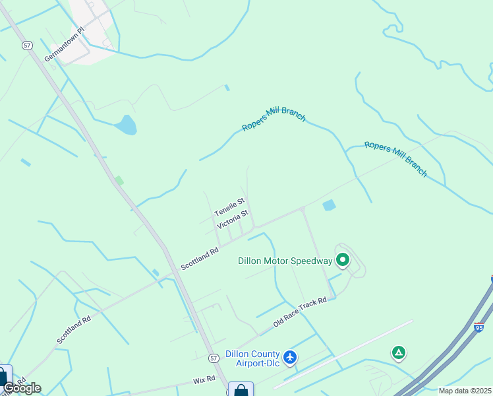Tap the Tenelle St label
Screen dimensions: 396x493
(x=229, y=207)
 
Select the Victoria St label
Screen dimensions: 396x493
(x=233, y=219)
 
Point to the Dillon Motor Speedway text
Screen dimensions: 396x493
(x=285, y=261)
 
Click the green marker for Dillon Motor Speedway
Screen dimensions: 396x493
(x=343, y=260)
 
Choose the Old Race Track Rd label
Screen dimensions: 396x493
(x=301, y=310)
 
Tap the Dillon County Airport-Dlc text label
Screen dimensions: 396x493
(x=252, y=358)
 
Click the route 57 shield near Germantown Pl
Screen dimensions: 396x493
(x=27, y=45)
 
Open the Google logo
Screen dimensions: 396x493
(x=22, y=387)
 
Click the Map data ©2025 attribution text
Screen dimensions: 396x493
(x=465, y=391)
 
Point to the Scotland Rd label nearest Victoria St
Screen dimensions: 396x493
(x=200, y=258)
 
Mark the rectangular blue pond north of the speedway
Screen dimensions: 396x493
(x=329, y=206)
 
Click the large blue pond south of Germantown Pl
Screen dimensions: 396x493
(x=125, y=124)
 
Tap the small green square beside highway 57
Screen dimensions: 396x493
(x=119, y=180)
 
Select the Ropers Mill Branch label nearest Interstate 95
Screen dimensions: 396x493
(x=396, y=159)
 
